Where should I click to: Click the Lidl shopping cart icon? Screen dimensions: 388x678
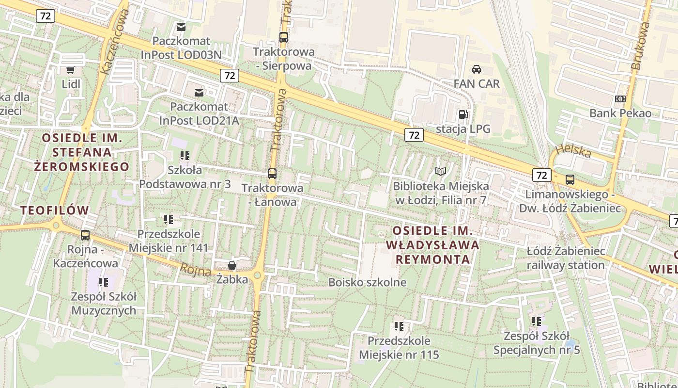coord(71,69)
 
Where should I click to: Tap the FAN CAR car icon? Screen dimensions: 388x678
coord(477,69)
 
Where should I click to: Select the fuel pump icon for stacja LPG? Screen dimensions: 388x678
coord(463,114)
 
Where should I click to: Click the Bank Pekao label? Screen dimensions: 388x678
coord(620,113)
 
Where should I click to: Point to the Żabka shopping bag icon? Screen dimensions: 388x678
coord(232,265)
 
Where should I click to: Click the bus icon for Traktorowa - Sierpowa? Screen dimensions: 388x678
coord(284,37)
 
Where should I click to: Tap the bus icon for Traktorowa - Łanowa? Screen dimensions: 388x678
coord(272,173)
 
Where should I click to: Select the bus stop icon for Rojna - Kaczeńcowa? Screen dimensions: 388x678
coord(85,235)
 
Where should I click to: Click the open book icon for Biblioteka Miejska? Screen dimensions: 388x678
coord(441,171)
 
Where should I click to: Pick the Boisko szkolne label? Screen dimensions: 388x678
coord(367,282)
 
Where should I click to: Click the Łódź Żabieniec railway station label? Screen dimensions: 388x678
coord(566,258)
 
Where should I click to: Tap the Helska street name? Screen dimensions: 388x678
coord(574,151)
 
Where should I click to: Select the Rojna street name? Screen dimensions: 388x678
coord(196,270)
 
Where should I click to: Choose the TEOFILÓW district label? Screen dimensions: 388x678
coord(55,210)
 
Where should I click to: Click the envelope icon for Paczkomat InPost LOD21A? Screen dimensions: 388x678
coord(199,92)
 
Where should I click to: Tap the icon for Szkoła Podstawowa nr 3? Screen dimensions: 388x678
coord(185,156)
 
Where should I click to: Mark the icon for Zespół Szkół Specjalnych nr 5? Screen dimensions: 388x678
coord(536,321)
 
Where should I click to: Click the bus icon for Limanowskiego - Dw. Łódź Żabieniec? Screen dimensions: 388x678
coord(570,180)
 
